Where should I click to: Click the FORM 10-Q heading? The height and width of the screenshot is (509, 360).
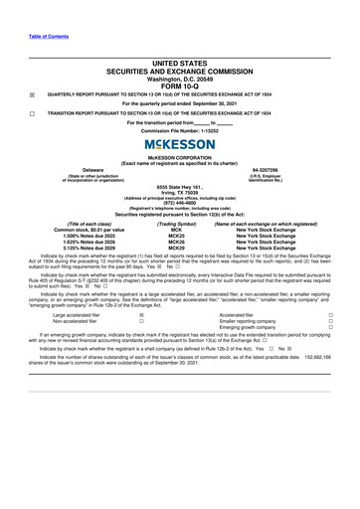[x=179, y=86]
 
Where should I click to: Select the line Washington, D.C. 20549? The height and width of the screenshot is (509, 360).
[x=179, y=78]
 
